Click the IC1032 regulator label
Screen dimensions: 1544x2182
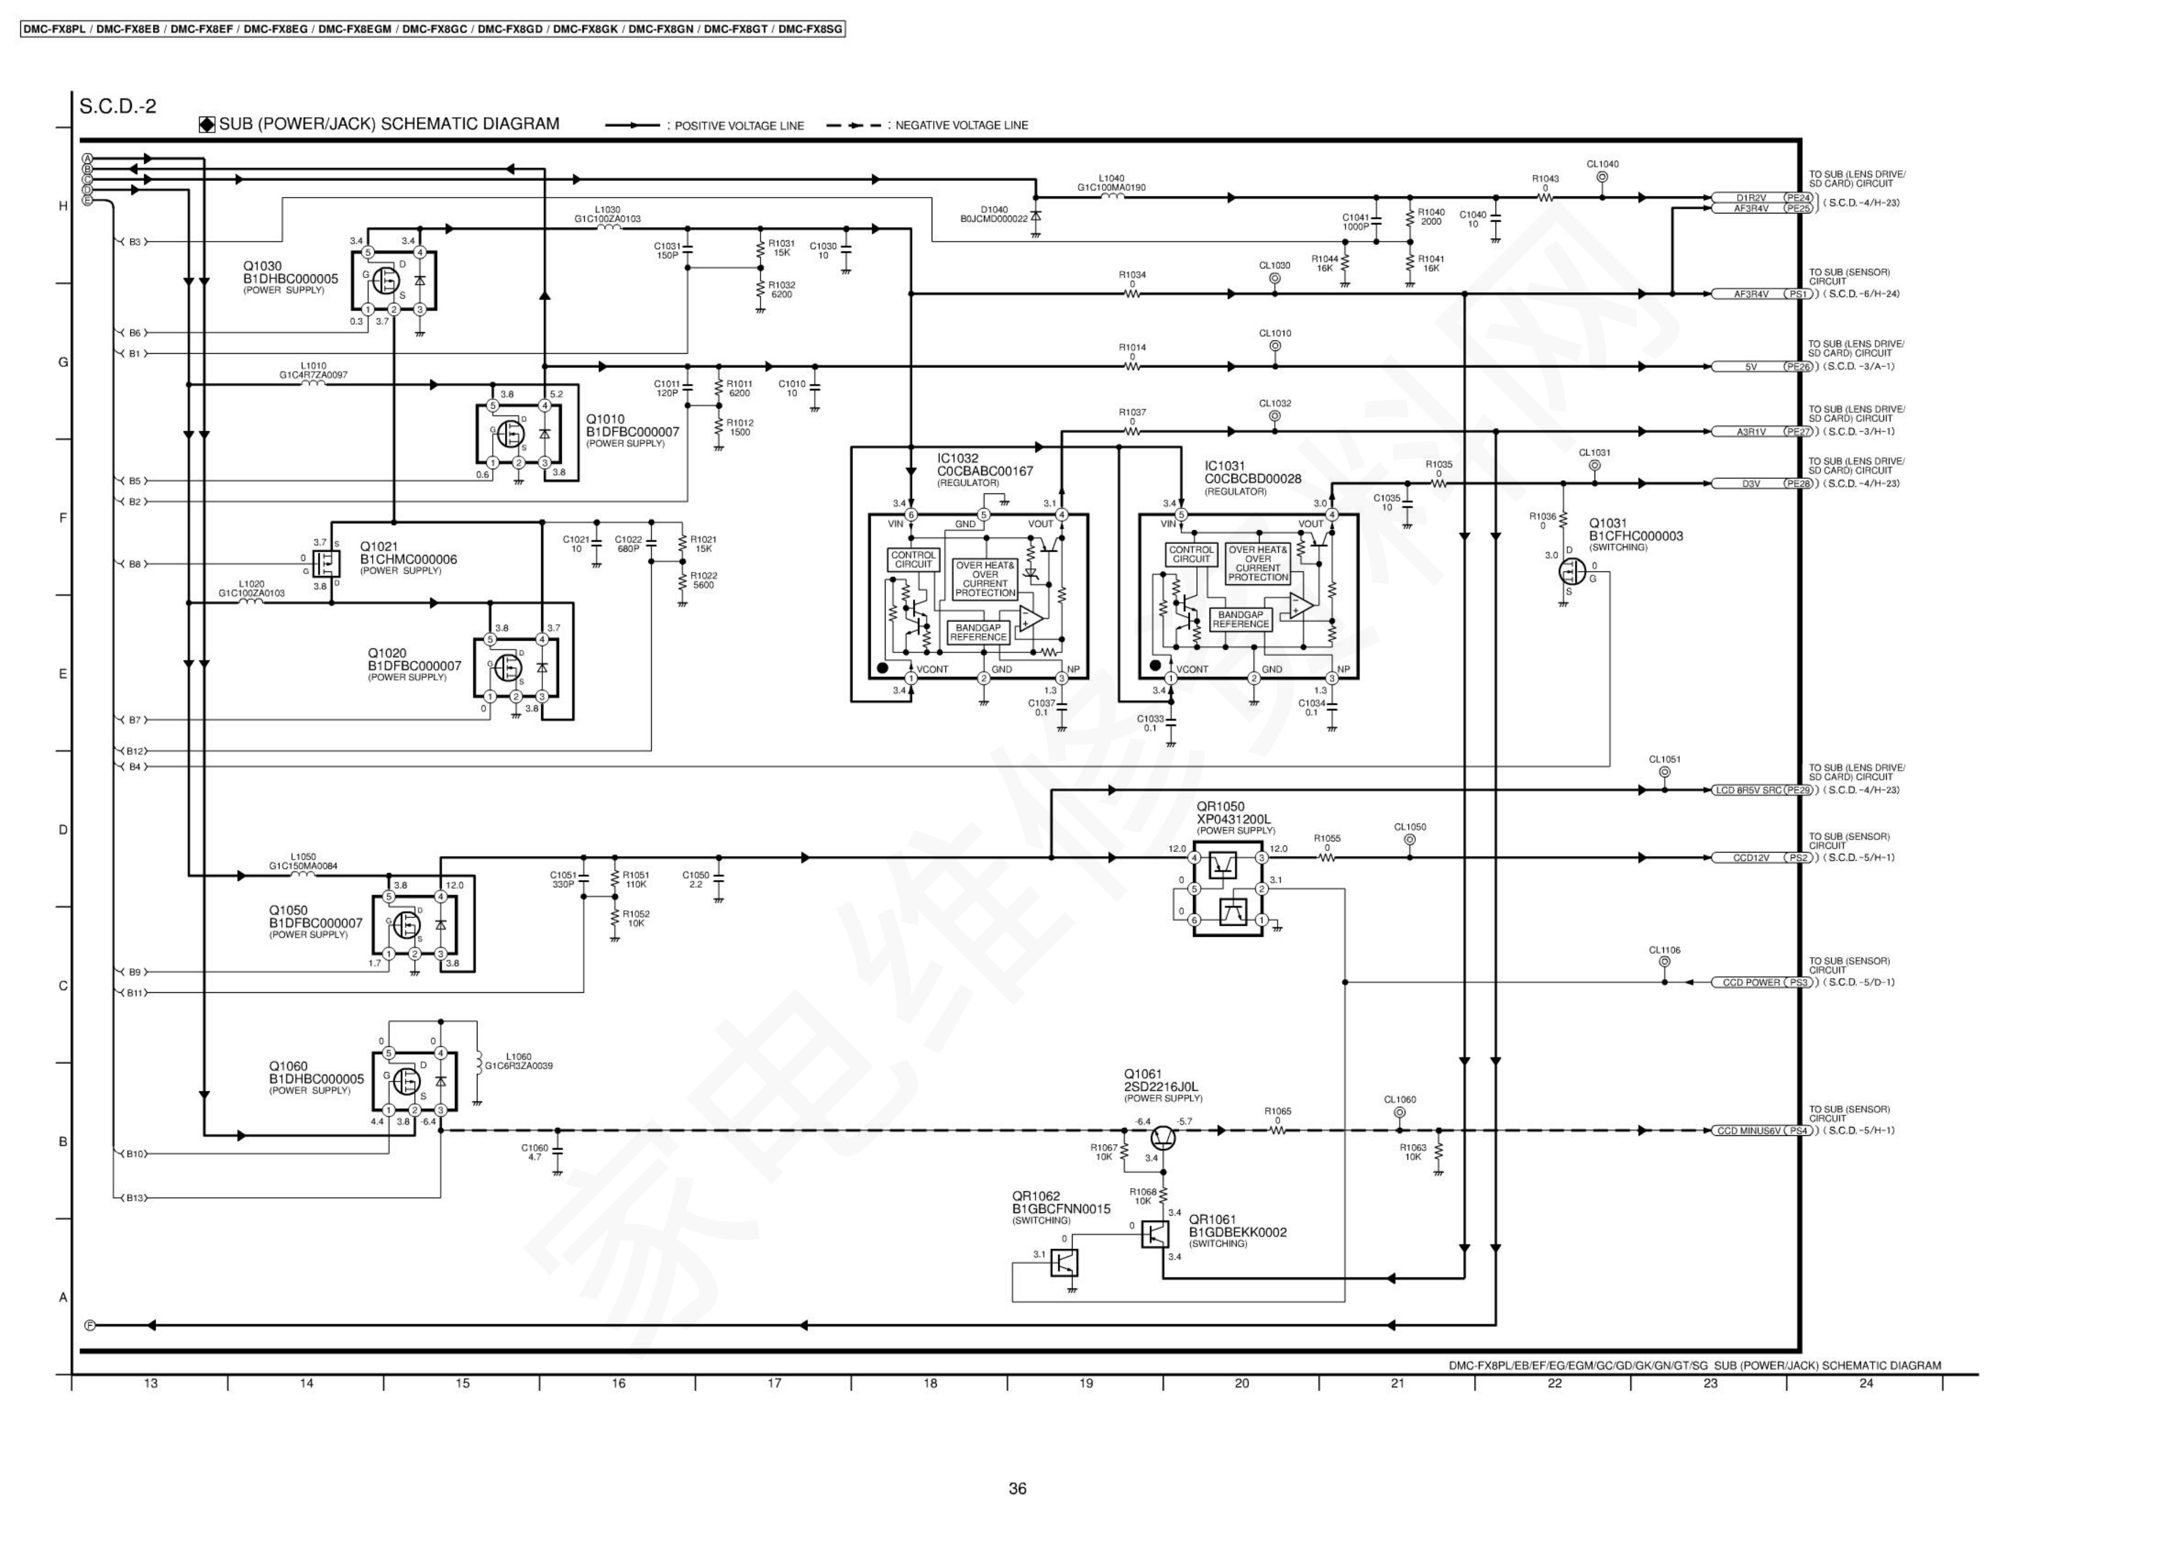(958, 458)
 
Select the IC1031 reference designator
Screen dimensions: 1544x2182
(1224, 467)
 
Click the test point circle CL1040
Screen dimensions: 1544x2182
(1602, 177)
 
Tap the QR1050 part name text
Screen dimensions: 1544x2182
(1220, 806)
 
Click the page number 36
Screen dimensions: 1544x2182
(1018, 1489)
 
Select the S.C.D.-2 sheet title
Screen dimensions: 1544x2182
(118, 107)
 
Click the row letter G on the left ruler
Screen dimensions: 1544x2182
(64, 362)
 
